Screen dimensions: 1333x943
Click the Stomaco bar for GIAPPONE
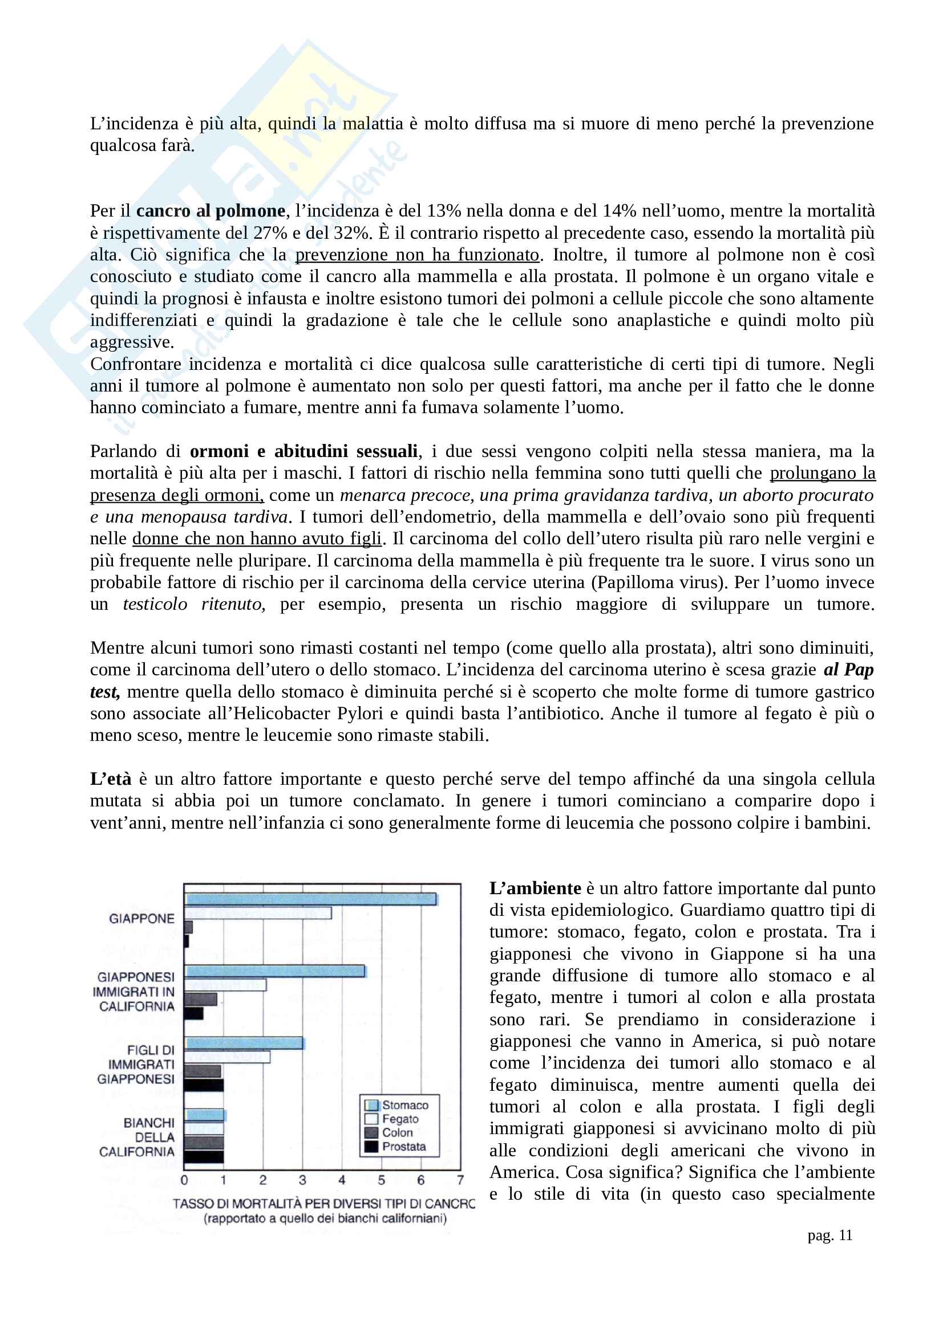tap(310, 899)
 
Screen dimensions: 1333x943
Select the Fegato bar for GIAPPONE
tap(257, 913)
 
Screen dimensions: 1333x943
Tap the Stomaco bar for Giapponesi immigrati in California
tap(274, 971)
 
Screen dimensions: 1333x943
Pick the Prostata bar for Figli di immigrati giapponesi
tap(203, 1085)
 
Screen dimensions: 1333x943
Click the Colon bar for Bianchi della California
tap(203, 1143)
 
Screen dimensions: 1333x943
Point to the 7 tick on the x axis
tap(460, 1180)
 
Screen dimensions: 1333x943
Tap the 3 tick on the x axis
tap(302, 1180)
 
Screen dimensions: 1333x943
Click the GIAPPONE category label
tap(142, 919)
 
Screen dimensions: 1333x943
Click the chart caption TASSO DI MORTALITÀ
tap(323, 1204)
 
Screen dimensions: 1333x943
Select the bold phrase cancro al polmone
tap(211, 211)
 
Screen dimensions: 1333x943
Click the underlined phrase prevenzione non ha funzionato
tap(417, 255)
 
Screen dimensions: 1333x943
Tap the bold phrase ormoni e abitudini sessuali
tap(303, 451)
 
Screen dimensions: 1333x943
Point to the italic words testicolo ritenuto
tap(193, 604)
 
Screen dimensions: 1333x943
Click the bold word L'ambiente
tap(535, 888)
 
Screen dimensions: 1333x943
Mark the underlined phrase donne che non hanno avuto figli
tap(257, 539)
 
